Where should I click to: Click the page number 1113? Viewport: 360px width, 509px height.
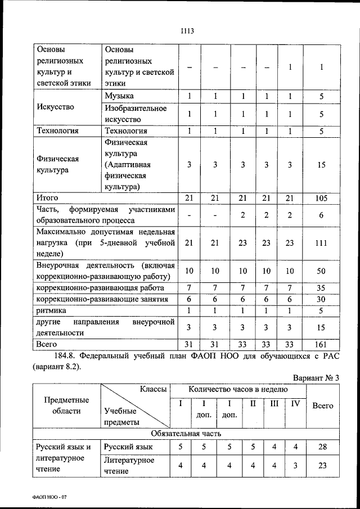pyautogui.click(x=187, y=31)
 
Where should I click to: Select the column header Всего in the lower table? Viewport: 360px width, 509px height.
pyautogui.click(x=322, y=406)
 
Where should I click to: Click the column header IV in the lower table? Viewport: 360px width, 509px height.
pyautogui.click(x=295, y=403)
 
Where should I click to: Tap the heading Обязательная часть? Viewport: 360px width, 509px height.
pyautogui.click(x=187, y=434)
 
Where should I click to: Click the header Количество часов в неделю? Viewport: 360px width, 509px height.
pyautogui.click(x=238, y=389)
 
